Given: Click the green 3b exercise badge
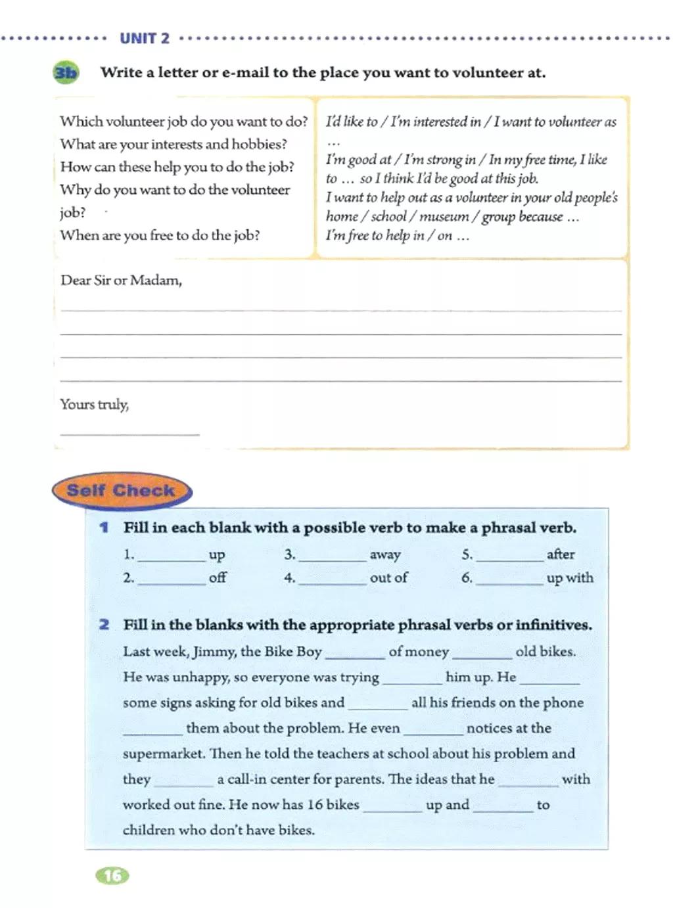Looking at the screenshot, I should click(65, 72).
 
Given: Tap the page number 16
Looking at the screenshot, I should click(112, 875).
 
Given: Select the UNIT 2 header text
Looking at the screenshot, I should click(145, 39).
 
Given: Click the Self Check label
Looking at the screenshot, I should click(121, 491).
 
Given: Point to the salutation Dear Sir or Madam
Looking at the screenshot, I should click(121, 281).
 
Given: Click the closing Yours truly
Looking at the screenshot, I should click(94, 405).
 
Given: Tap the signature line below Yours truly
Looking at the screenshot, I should click(129, 433).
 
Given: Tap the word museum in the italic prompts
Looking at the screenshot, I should click(444, 217).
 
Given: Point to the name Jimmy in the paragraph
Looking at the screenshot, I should click(214, 652).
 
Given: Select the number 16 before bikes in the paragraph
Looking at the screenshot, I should click(315, 805).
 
